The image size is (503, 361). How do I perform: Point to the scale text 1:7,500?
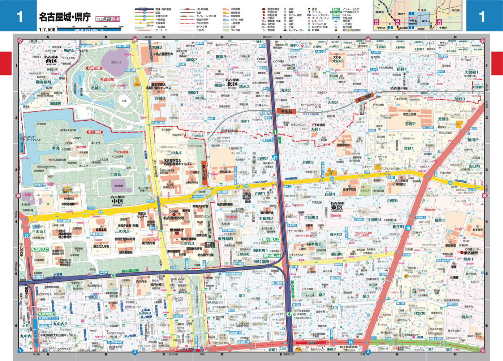(47, 30)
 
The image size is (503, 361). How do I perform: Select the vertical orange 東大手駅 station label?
(205, 173)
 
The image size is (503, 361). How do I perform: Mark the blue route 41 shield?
(275, 158)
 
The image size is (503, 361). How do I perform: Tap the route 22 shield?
(26, 236)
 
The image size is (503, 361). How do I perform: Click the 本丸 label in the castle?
(55, 148)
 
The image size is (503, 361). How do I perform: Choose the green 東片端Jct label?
(271, 256)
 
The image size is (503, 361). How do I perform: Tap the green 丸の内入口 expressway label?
(40, 249)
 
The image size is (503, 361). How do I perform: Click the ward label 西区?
(51, 61)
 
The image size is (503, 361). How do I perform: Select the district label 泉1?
(242, 296)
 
